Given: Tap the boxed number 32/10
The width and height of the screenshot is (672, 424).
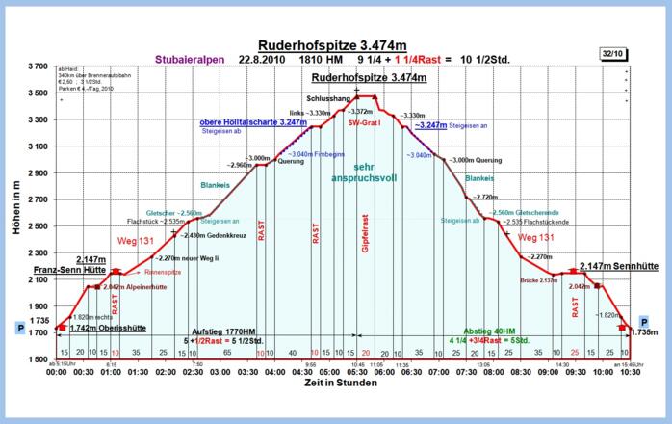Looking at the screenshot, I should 612,54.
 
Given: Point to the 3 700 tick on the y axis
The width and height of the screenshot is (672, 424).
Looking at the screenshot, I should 36,66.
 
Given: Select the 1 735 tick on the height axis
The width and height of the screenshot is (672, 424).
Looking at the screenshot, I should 38,320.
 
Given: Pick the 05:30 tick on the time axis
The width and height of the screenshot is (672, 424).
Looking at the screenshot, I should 356,371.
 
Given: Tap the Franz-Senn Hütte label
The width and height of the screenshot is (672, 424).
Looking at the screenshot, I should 68,271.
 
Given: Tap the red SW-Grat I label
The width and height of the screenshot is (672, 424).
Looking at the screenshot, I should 365,123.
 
